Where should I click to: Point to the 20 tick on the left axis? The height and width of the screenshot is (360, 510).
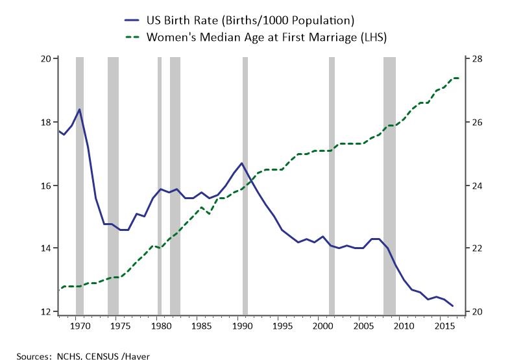tap(45, 59)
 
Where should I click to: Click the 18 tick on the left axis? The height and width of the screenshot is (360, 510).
tap(45, 122)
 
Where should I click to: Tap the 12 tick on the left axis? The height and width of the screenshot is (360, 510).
tap(45, 311)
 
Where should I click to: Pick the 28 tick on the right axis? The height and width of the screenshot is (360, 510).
tap(476, 59)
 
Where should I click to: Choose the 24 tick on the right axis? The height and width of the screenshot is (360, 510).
tap(476, 186)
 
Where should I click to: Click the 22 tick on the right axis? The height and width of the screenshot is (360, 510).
tap(476, 248)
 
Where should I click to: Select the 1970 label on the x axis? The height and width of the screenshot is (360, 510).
tap(79, 325)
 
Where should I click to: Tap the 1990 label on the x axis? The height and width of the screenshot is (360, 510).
tap(241, 325)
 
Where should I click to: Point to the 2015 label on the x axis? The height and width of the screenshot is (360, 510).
tap(444, 325)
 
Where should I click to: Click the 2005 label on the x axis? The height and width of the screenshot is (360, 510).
tap(363, 325)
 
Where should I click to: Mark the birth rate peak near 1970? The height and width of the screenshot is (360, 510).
tap(79, 110)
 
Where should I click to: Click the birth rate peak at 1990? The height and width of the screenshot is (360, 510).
tap(241, 163)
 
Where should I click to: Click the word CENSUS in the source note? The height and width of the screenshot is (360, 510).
tap(93, 355)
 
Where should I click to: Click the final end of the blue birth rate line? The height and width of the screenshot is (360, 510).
tap(452, 306)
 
